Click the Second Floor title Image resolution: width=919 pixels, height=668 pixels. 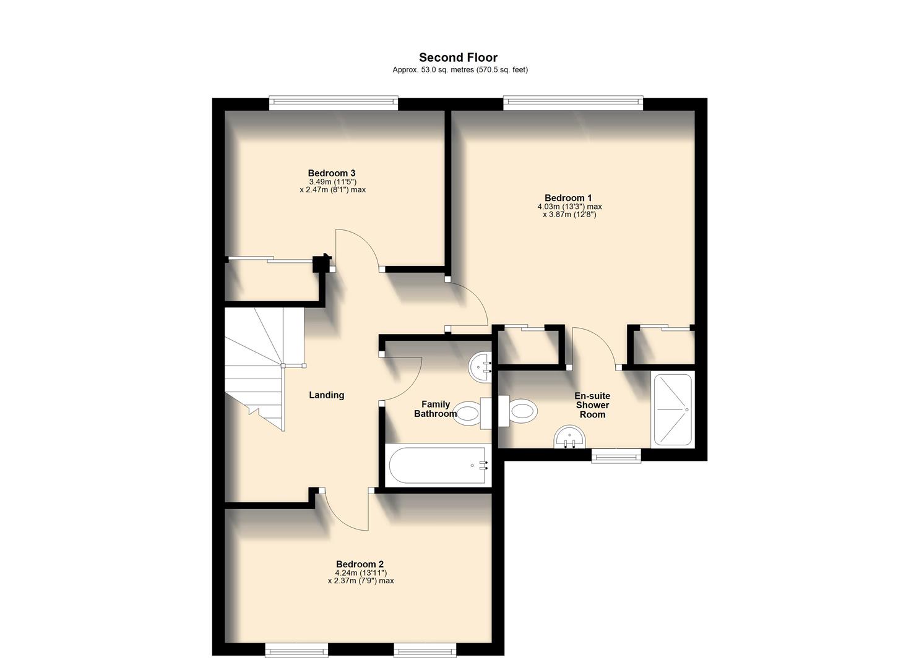coord(458,58)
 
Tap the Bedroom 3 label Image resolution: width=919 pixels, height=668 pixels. coord(332,173)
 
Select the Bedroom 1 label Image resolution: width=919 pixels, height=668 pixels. coord(569,198)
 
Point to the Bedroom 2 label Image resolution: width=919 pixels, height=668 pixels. coord(360,564)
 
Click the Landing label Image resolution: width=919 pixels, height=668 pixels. coord(326,395)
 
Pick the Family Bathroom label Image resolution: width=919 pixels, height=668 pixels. coord(435,409)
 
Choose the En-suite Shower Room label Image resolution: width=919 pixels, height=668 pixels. coord(592,405)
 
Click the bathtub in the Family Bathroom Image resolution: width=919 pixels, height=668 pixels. coord(436,465)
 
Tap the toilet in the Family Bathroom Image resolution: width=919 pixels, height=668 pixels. coord(470,412)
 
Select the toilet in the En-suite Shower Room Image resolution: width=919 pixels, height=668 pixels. coord(520,411)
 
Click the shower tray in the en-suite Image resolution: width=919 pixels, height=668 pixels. coord(672,409)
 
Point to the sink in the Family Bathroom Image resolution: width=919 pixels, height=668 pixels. coord(480,366)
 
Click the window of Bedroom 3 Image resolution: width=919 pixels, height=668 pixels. coord(334,103)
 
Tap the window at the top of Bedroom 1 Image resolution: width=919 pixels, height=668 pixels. coord(573,103)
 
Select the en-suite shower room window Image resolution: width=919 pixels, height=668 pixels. coord(616,456)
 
